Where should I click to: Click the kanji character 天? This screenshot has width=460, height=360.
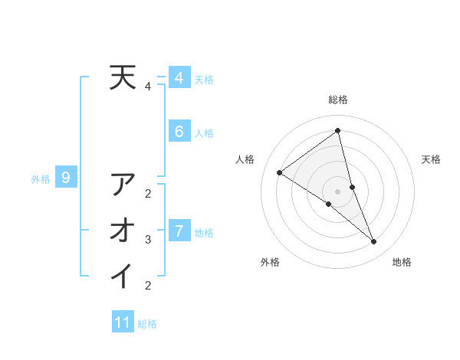point(123,77)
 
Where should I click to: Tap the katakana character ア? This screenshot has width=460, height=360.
point(123,185)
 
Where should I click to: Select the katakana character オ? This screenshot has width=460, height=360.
point(123,230)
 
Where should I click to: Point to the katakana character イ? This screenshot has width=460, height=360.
point(123,276)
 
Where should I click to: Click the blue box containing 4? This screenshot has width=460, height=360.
point(179,77)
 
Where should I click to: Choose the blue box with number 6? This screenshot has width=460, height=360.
point(179,132)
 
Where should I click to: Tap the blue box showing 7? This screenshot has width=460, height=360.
point(179,230)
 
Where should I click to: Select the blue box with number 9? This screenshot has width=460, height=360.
point(67,178)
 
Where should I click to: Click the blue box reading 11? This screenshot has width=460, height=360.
point(123,322)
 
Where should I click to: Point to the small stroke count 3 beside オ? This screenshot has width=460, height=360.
point(149,240)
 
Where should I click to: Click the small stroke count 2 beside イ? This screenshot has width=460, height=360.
point(149,286)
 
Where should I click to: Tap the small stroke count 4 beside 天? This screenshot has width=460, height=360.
point(149,87)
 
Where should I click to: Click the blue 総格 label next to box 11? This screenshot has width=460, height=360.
point(147,324)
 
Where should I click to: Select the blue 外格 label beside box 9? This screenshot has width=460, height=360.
point(41,179)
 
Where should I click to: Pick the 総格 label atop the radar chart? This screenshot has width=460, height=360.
point(338,100)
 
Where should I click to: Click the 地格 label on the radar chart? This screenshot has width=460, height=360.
point(402,262)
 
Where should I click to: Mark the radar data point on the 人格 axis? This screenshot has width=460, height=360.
point(280,172)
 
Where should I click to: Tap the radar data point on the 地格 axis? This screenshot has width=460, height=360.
point(374,242)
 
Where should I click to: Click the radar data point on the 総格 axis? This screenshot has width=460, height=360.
point(338,130)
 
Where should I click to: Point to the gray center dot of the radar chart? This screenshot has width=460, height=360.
point(338,191)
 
